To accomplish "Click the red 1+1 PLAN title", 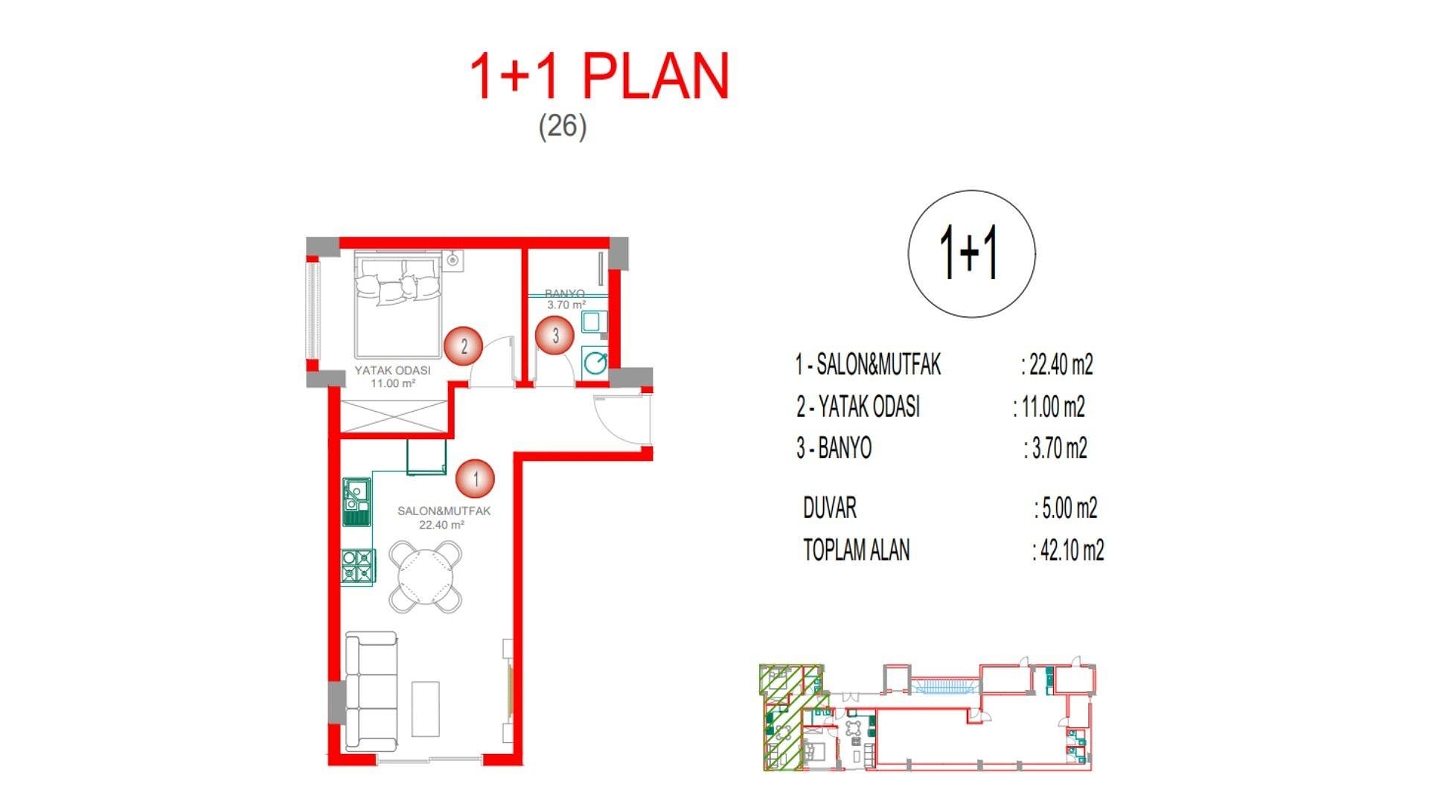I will tap(599, 77).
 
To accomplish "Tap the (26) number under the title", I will tap(562, 125).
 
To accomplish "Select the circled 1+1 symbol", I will tap(971, 253).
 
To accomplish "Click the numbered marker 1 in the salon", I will tap(475, 479).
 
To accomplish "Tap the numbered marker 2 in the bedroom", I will tap(463, 346).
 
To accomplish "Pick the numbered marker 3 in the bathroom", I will tap(554, 336).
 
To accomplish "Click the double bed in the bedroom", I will tap(398, 305).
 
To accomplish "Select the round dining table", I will tap(426, 577).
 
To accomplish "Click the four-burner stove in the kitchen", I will tap(357, 566).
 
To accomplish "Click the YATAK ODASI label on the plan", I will tap(392, 370).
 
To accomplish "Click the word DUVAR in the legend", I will tap(829, 508).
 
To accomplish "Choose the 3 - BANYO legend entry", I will tap(834, 448).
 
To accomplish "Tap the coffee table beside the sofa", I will tap(426, 709).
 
